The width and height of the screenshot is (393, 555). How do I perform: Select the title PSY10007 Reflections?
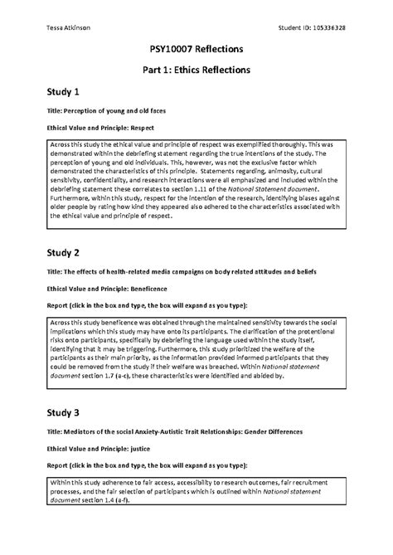tap(196, 51)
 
